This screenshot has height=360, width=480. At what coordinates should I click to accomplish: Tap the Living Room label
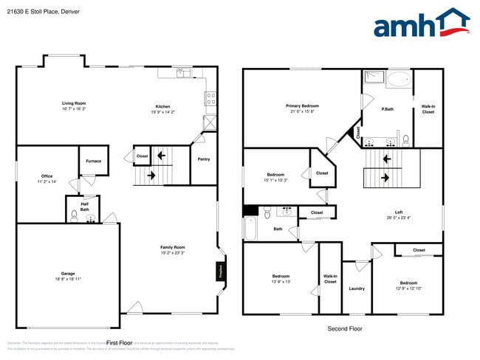coord(74,103)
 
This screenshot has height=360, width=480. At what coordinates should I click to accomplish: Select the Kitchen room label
coord(162,106)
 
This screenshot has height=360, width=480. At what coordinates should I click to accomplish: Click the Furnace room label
coord(94,161)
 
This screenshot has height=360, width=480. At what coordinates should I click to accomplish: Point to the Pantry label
coord(204,159)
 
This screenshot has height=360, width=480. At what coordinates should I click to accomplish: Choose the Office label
coord(47,176)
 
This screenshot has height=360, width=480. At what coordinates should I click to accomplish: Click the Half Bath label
coord(85,207)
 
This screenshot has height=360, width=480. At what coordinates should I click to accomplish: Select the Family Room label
coord(173,247)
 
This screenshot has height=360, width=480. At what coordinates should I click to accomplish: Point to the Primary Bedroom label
coord(302,106)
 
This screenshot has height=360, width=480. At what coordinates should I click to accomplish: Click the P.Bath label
coord(386,110)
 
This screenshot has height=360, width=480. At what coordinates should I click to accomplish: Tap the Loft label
coord(399,212)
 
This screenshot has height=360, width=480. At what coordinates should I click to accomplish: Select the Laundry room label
coord(357,288)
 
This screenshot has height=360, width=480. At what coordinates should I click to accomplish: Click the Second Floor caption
coord(345,329)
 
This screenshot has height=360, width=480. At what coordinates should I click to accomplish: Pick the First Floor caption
coord(119,343)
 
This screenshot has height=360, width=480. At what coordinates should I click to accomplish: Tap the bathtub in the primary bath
coord(400,80)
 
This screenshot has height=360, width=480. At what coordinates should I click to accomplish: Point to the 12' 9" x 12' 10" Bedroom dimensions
coord(408,288)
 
